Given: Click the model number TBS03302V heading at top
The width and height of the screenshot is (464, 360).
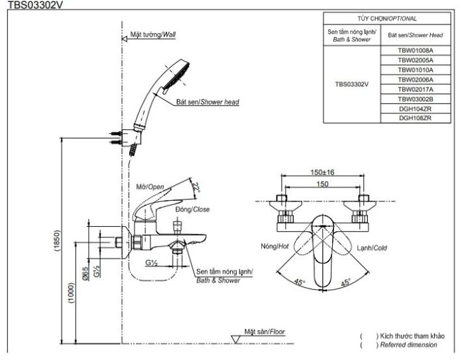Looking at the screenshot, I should pyautogui.click(x=27, y=4).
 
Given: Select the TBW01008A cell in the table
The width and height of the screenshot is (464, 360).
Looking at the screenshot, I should pyautogui.click(x=415, y=50).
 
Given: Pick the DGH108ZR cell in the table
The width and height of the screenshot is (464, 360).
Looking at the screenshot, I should pyautogui.click(x=415, y=118).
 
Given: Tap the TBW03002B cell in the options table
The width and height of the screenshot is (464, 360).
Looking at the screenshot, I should pyautogui.click(x=415, y=99).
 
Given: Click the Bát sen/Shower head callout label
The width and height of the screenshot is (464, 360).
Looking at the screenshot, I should pyautogui.click(x=207, y=103).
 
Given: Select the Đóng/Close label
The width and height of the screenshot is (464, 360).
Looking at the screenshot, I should pyautogui.click(x=192, y=210).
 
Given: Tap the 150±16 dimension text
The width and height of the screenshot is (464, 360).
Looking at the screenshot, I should pyautogui.click(x=322, y=172).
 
